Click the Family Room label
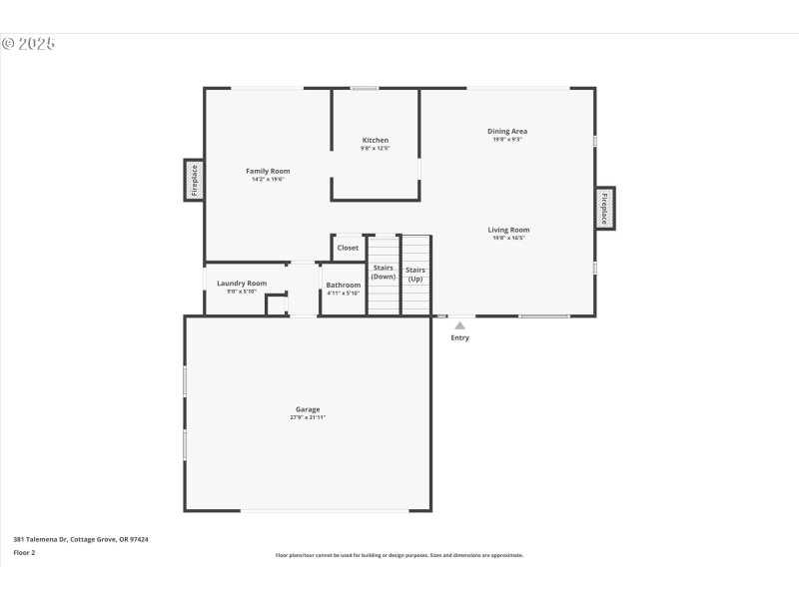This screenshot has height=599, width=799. [x=268, y=171]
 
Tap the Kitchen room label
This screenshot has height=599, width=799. [x=376, y=140]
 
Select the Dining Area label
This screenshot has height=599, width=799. [x=507, y=131]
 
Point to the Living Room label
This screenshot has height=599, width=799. [x=508, y=230]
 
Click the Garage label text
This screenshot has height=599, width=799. [x=308, y=409]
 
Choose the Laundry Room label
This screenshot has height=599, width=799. [x=242, y=284]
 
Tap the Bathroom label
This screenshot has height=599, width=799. [x=344, y=285]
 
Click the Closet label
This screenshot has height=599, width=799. [x=348, y=248]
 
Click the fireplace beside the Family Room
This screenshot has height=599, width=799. [x=194, y=181]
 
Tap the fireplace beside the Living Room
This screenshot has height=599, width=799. [x=604, y=209]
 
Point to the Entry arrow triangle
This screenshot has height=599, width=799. [x=459, y=324]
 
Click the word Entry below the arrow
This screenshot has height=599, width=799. [x=459, y=338]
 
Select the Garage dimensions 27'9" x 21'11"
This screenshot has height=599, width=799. [x=308, y=417]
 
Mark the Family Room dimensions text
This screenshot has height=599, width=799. [x=268, y=180]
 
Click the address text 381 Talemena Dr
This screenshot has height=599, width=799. [x=81, y=539]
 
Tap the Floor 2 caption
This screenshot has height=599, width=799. [x=24, y=552]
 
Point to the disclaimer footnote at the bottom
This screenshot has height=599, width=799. [x=399, y=555]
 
